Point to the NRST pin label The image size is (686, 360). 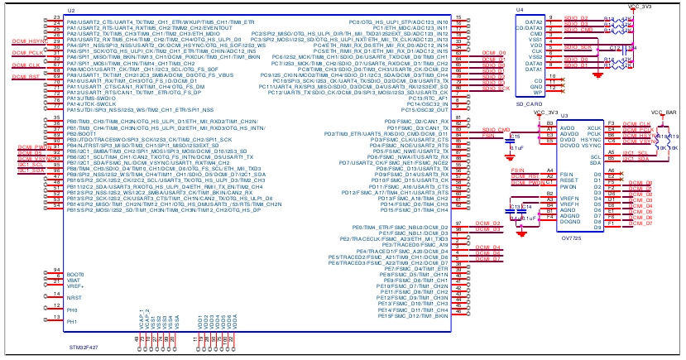(74, 296)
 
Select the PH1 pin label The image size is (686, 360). (73, 320)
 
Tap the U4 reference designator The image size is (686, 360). (519, 9)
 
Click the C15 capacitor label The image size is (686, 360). (515, 136)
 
